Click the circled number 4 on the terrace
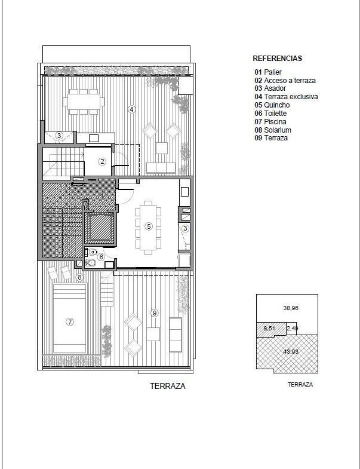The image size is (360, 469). pos(131,109)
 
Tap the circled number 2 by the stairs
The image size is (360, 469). pos(102,161)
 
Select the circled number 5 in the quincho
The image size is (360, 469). pos(149,226)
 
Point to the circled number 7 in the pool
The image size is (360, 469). pos(70,322)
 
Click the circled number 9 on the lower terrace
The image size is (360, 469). pos(155,313)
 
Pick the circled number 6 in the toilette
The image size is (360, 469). pos(101,257)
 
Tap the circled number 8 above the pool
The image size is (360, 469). pos(79,277)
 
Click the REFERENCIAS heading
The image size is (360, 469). pos(277,59)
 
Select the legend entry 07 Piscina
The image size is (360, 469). pos(270,122)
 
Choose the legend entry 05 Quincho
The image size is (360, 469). pos(272,105)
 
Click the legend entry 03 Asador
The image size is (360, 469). pos(270,88)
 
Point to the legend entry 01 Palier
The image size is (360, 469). pos(268,72)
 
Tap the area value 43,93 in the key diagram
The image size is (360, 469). pos(291,351)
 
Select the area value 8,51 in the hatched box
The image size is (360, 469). pos(269,328)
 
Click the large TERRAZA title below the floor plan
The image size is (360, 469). pos(168,386)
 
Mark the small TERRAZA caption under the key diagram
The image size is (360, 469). pos(300,385)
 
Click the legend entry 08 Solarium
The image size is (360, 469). pos(273,130)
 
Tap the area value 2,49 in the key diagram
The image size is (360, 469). pos(293,328)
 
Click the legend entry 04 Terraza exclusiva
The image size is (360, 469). pos(286,97)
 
